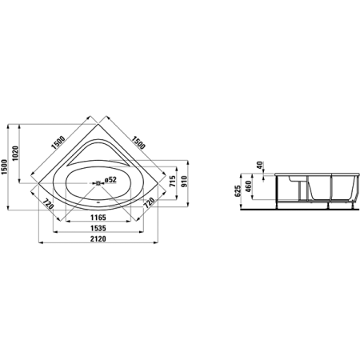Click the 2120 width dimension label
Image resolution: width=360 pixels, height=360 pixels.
[x=98, y=239]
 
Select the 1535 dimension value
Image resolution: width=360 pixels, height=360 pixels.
[x=98, y=228]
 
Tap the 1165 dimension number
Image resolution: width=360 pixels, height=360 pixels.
[x=98, y=218]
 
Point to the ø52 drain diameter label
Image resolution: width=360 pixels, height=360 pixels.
[x=110, y=180]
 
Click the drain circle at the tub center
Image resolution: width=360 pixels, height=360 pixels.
[x=98, y=183]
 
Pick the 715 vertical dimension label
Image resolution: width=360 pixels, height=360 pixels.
[x=173, y=182]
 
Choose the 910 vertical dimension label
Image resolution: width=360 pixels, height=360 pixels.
[x=184, y=182]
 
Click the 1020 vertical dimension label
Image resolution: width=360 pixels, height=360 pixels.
[x=15, y=154]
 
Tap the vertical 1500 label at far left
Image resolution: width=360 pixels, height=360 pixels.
[x=4, y=167]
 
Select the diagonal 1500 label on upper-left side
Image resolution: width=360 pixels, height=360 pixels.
[x=58, y=142]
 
